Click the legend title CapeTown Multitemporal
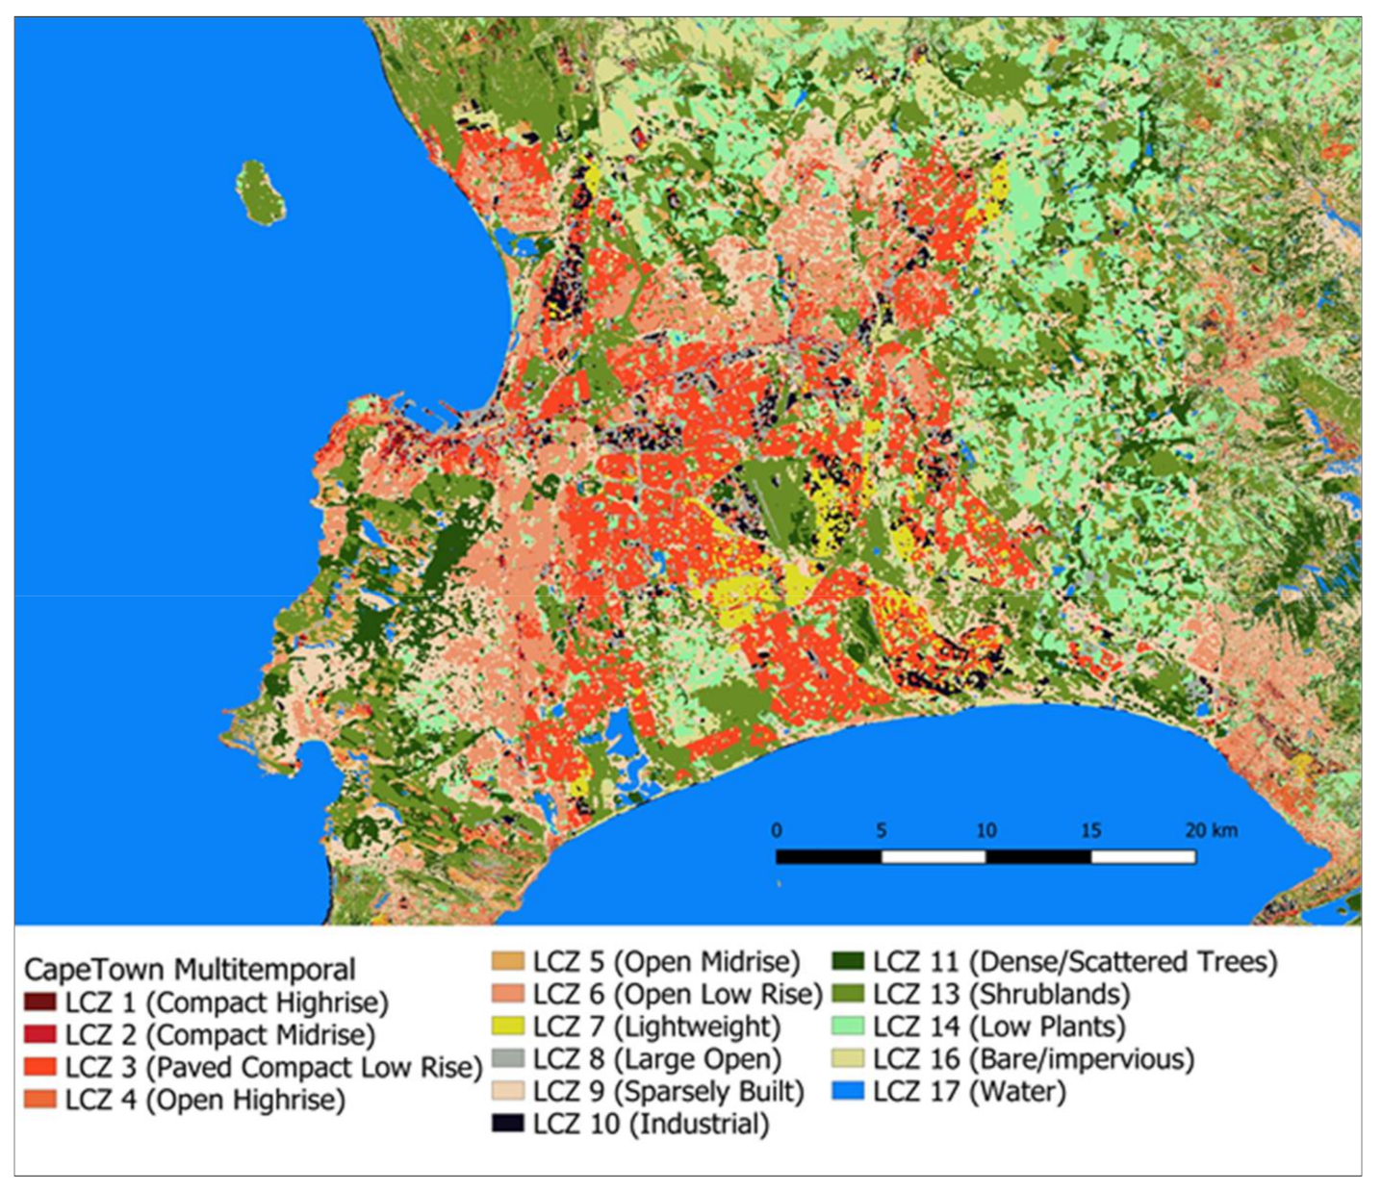click(190, 969)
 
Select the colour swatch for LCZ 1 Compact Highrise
click(40, 1002)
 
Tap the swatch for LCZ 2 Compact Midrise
click(40, 1035)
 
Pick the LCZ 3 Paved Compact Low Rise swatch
click(40, 1068)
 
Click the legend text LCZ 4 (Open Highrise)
click(205, 1100)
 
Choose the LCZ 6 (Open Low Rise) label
click(678, 994)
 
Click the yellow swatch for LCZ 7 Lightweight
click(508, 1026)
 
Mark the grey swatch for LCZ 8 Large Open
click(508, 1059)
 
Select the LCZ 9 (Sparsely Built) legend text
click(668, 1092)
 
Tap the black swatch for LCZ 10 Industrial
click(508, 1124)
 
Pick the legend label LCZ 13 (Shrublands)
click(1001, 994)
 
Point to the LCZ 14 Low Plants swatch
click(849, 1026)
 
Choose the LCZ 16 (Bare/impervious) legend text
click(1034, 1059)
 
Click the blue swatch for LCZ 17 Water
click(849, 1092)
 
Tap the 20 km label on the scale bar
click(1211, 830)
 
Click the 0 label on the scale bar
click(777, 830)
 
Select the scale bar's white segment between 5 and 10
click(934, 856)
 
